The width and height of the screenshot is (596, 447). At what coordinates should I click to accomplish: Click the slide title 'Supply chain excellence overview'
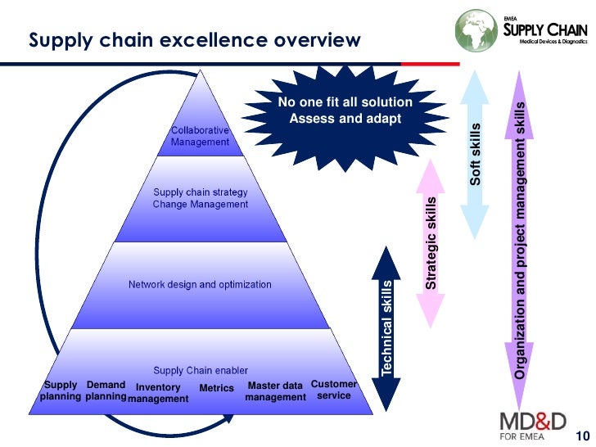pyautogui.click(x=195, y=40)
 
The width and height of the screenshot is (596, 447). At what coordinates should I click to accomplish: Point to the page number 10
pyautogui.click(x=582, y=435)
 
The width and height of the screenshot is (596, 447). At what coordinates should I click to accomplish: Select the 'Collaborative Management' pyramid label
pyautogui.click(x=200, y=136)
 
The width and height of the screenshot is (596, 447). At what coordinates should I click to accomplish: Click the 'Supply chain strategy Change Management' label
pyautogui.click(x=200, y=198)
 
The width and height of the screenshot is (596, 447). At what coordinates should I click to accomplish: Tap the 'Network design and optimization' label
pyautogui.click(x=200, y=285)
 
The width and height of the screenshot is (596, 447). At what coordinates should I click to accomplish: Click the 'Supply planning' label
pyautogui.click(x=61, y=391)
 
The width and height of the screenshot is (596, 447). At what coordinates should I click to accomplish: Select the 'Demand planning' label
pyautogui.click(x=106, y=391)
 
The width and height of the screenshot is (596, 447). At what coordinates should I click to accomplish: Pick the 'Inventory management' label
pyautogui.click(x=158, y=393)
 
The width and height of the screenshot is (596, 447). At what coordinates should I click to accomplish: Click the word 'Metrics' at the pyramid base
pyautogui.click(x=216, y=388)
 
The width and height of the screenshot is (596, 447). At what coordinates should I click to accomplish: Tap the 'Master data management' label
pyautogui.click(x=275, y=391)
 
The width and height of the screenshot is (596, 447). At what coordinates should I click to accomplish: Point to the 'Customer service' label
pyautogui.click(x=334, y=390)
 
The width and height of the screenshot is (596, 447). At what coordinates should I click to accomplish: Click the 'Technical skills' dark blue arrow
pyautogui.click(x=387, y=327)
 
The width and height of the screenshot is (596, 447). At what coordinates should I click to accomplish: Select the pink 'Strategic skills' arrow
pyautogui.click(x=431, y=241)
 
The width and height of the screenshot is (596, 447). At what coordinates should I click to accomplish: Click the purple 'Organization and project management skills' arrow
pyautogui.click(x=521, y=237)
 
